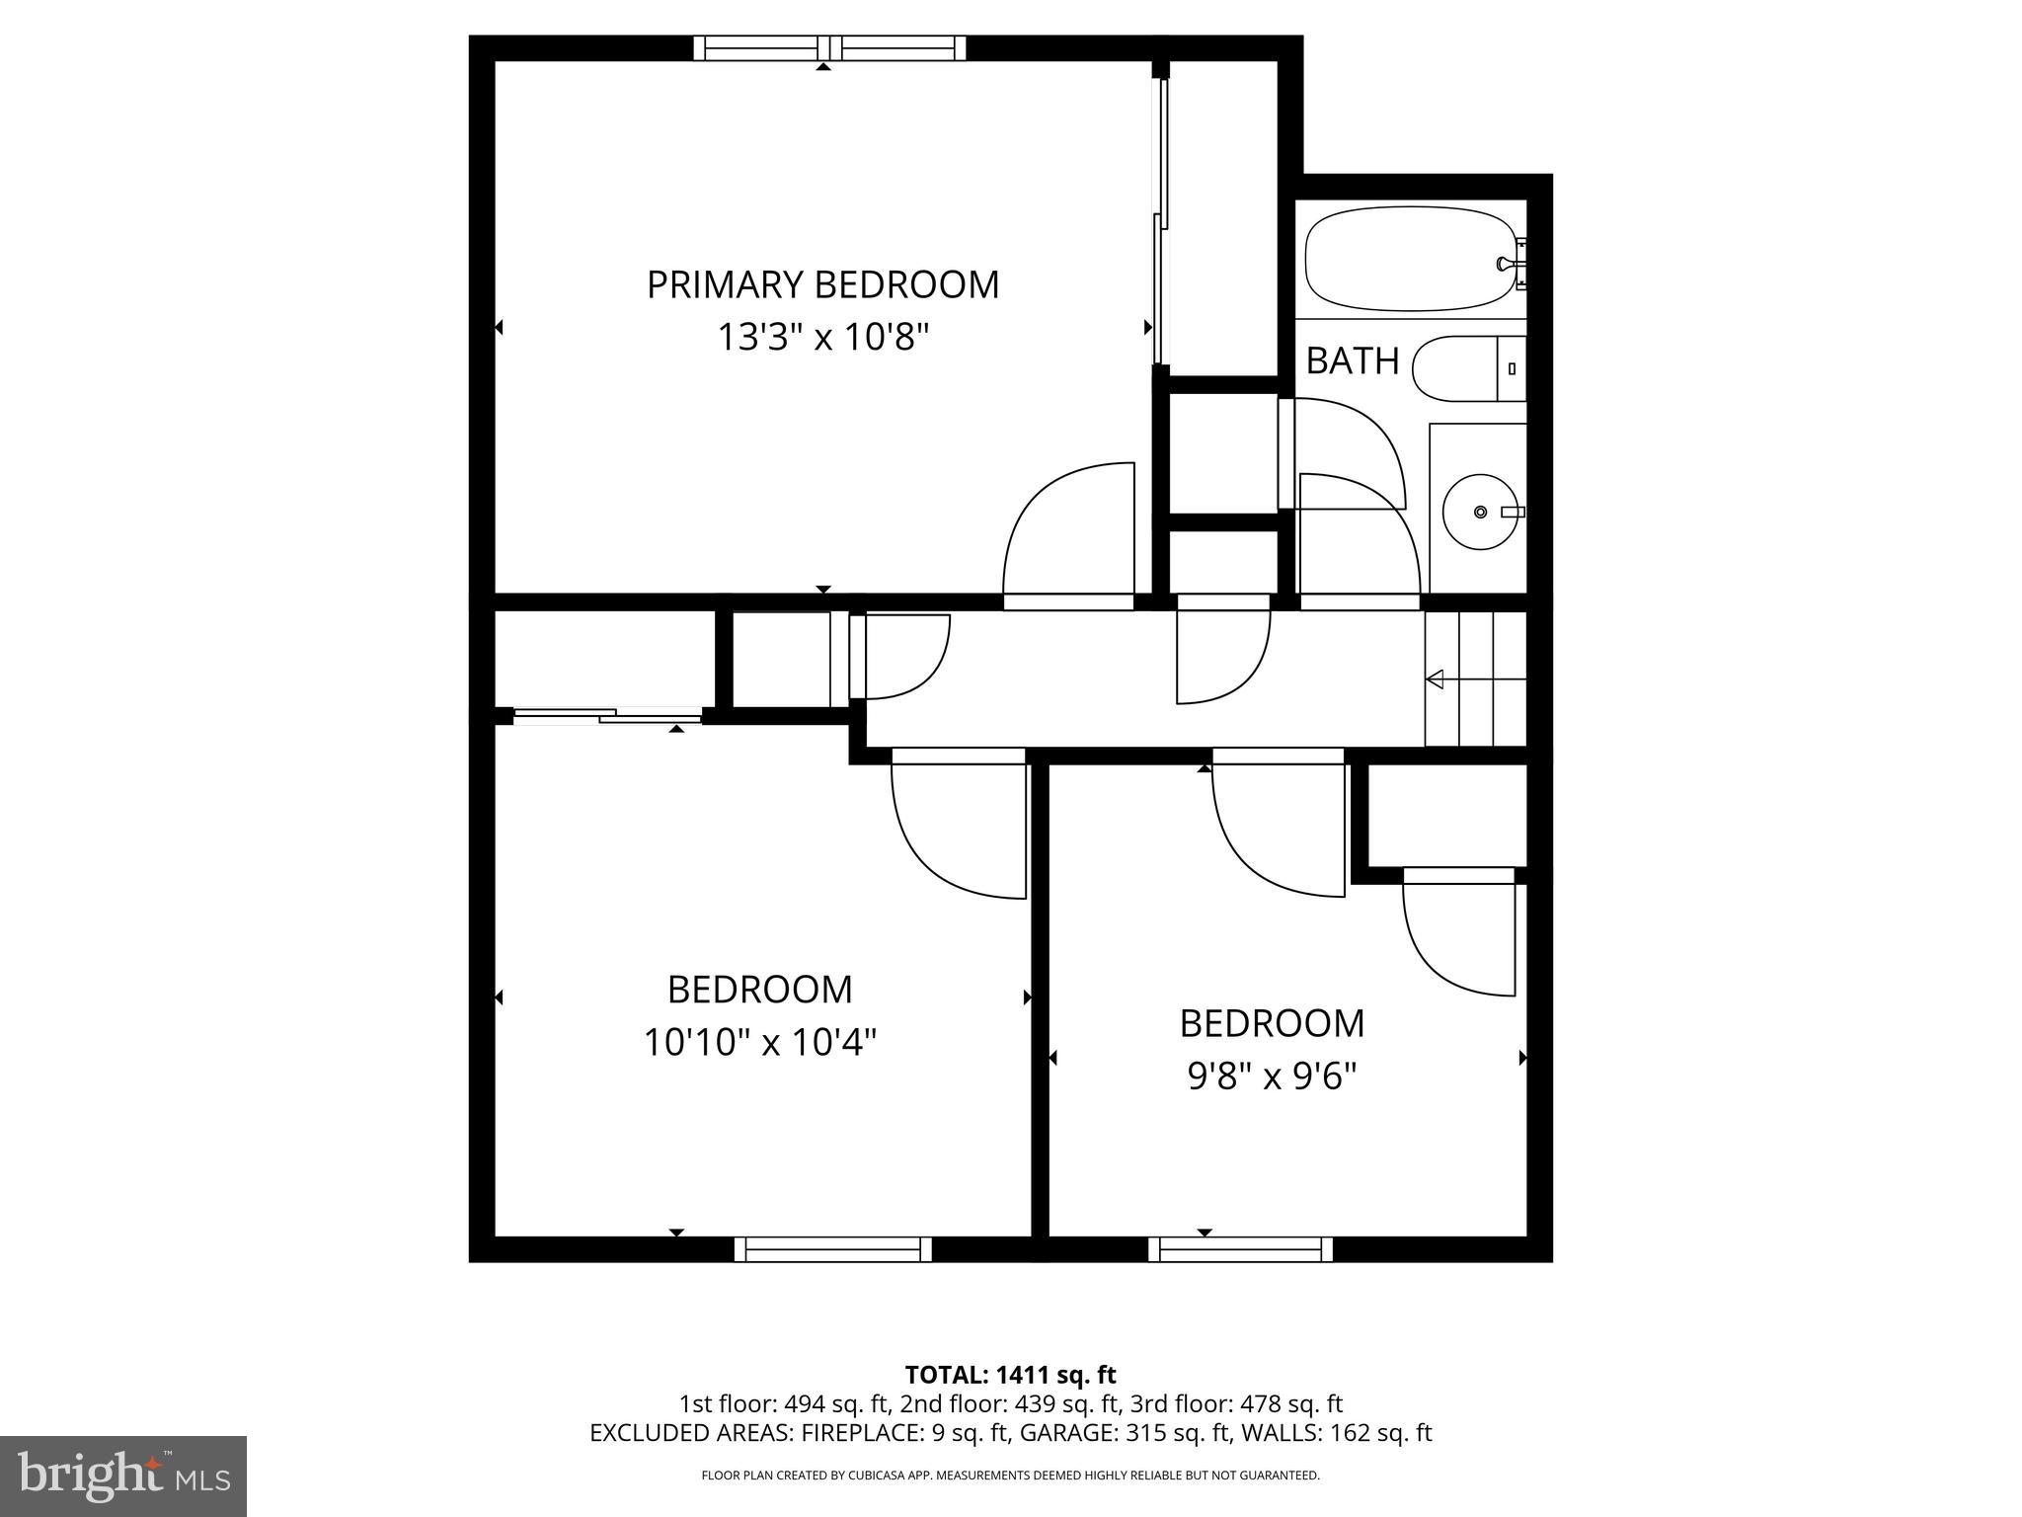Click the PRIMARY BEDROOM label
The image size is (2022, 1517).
coord(822,284)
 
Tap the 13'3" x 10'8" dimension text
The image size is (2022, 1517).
coord(822,338)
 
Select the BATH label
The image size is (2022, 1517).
coord(1352,361)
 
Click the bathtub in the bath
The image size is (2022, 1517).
coord(1410,259)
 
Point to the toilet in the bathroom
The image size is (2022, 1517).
coord(1466,368)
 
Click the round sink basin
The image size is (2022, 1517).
coord(1479,512)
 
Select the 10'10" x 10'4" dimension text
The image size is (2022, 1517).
coord(759,1042)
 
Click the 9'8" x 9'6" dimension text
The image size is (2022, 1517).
coord(1272,1077)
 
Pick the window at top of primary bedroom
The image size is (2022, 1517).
coord(829,47)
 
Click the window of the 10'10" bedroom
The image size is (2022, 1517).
coord(832,1250)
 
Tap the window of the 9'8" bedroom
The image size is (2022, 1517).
coord(1240,1250)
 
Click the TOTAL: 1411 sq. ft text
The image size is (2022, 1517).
coord(1010,1375)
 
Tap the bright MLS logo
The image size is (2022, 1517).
coord(123,1477)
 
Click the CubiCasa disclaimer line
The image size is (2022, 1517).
coord(1010,1476)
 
